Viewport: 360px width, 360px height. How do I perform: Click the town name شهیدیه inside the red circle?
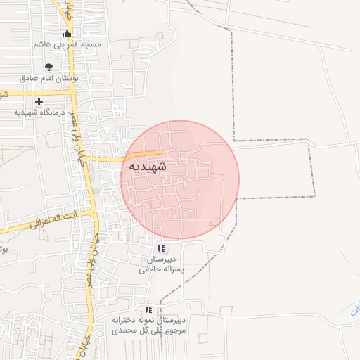pyautogui.click(x=148, y=167)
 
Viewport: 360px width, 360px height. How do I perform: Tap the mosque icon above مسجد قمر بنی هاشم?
pyautogui.click(x=67, y=33)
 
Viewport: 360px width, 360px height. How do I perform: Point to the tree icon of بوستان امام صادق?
pyautogui.click(x=48, y=67)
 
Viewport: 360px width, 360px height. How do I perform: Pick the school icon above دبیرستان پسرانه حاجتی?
pyautogui.click(x=162, y=248)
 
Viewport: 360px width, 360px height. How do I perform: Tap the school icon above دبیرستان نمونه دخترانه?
pyautogui.click(x=148, y=309)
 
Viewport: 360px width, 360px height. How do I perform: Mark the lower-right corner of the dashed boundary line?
pyautogui.click(x=314, y=196)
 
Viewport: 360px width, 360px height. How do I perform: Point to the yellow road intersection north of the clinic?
pyautogui.click(x=72, y=89)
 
